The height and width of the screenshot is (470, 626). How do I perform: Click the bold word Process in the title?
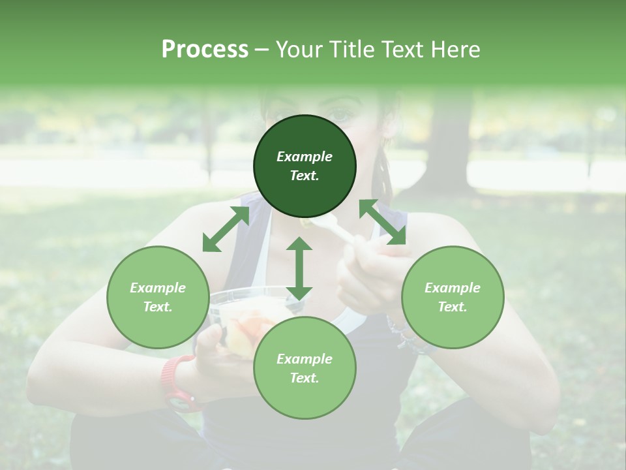pyautogui.click(x=205, y=50)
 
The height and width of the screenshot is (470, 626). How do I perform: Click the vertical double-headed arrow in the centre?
pyautogui.click(x=299, y=268)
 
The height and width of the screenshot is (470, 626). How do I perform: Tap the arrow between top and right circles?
pyautogui.click(x=383, y=222)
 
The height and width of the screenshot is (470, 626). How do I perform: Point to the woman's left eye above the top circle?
pyautogui.click(x=340, y=116)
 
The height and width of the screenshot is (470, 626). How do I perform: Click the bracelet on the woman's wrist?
pyautogui.click(x=399, y=333)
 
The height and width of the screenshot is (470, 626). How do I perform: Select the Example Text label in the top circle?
pyautogui.click(x=305, y=166)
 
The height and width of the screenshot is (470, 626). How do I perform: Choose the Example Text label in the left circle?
pyautogui.click(x=158, y=297)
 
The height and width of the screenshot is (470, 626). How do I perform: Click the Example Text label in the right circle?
pyautogui.click(x=453, y=297)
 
